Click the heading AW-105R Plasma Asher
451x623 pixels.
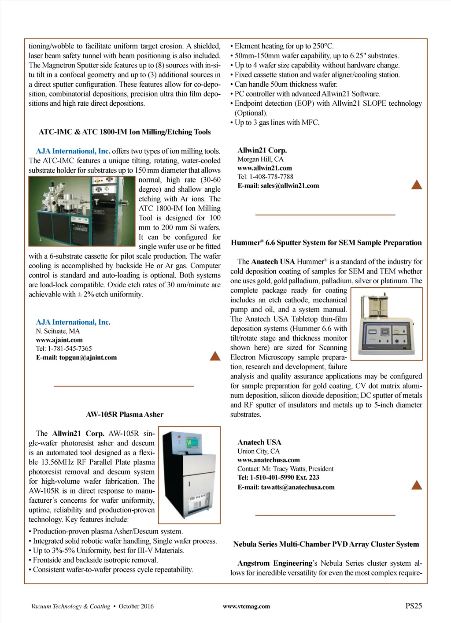coord(125,414)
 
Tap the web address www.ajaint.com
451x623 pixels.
coord(59,340)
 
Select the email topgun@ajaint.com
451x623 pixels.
coord(88,357)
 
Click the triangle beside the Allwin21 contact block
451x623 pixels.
coord(416,185)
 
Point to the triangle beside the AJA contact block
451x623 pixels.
coord(215,356)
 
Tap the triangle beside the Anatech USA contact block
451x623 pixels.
coord(416,485)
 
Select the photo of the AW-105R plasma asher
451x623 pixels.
coord(189,475)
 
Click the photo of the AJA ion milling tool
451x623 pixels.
coord(82,211)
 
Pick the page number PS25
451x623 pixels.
coord(413,606)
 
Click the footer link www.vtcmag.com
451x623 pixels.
coord(246,606)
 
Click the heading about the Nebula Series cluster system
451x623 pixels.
coord(326,544)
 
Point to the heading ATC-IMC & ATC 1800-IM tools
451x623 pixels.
coord(125,132)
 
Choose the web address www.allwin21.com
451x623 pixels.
coord(264,168)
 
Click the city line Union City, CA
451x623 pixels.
coord(258,451)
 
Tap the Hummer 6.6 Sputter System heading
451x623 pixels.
coord(326,242)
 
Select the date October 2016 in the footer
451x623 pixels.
coord(136,606)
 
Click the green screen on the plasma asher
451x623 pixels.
coord(190,441)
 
